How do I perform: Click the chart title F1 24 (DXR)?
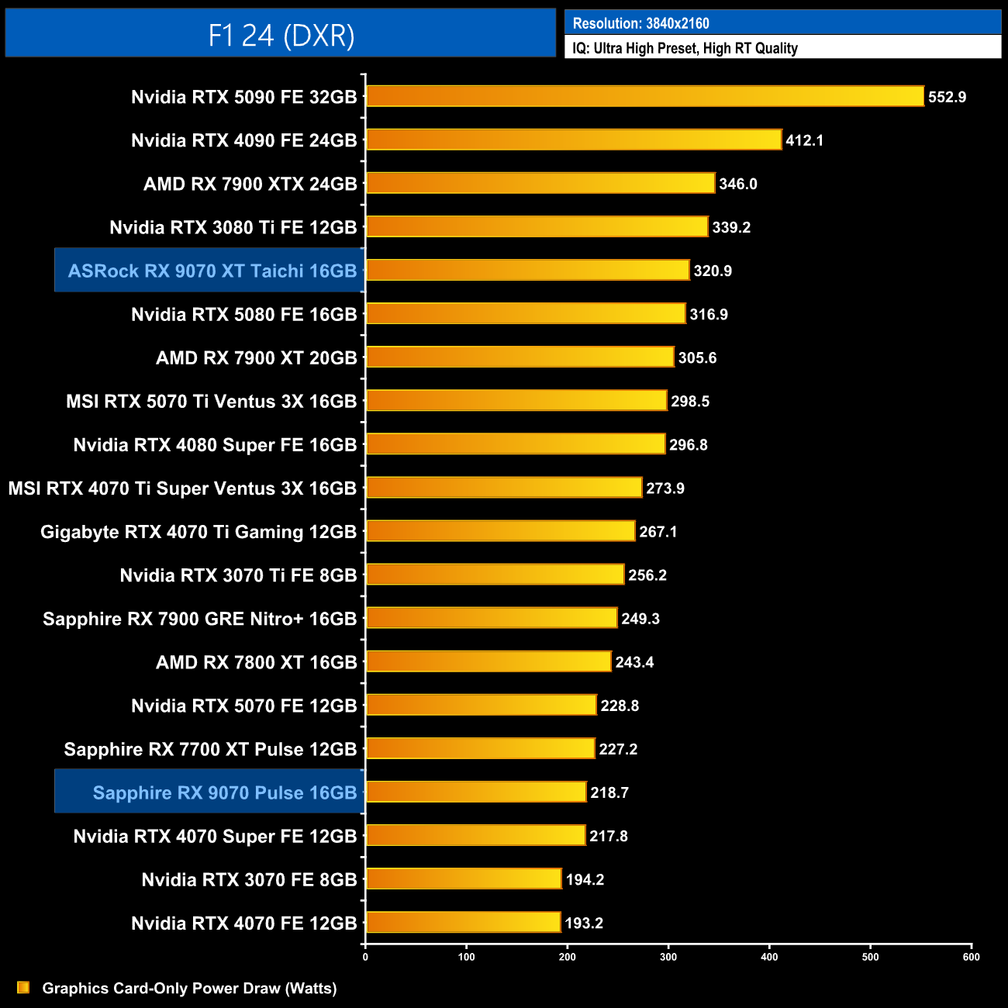tap(281, 35)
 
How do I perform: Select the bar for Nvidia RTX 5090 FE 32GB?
tap(644, 96)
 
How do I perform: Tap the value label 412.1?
tap(804, 140)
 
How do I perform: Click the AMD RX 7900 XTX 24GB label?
tap(250, 184)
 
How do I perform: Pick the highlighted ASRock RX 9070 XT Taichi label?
tap(212, 271)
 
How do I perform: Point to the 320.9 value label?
tap(712, 271)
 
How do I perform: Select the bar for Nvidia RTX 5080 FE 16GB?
tap(526, 314)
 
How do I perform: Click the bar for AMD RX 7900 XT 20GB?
tap(520, 357)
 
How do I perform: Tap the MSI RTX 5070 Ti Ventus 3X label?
tap(211, 402)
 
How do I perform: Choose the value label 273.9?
tap(665, 488)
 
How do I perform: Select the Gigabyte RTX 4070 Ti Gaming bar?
tap(500, 532)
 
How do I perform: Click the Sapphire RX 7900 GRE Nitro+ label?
tap(199, 619)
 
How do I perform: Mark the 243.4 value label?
tap(634, 662)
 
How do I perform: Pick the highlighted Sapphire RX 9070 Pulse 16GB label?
tap(224, 792)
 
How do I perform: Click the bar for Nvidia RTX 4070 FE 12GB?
tap(463, 923)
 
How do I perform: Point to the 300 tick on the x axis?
tap(668, 957)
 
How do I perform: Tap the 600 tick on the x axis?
tap(971, 957)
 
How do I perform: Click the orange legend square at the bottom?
tap(23, 988)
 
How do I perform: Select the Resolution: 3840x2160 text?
tap(640, 23)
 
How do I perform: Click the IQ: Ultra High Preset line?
tap(685, 48)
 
